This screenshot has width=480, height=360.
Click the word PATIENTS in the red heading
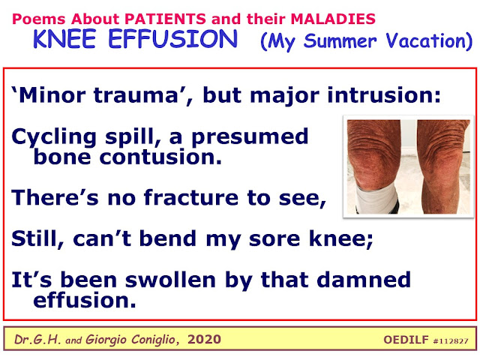tap(165, 19)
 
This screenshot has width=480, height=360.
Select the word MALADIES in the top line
tap(333, 19)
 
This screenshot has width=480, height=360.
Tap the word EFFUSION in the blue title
tap(173, 39)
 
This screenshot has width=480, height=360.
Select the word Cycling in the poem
tap(54, 137)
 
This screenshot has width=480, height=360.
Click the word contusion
tap(160, 157)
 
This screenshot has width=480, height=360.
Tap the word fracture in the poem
tap(191, 197)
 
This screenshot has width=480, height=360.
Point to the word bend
tap(168, 238)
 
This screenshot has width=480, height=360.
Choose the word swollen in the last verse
tap(171, 280)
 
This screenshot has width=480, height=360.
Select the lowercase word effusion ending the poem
tap(85, 300)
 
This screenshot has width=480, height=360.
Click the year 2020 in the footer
tap(204, 340)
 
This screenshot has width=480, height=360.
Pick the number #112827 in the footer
tap(451, 341)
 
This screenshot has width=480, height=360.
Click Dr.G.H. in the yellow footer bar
tap(37, 340)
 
